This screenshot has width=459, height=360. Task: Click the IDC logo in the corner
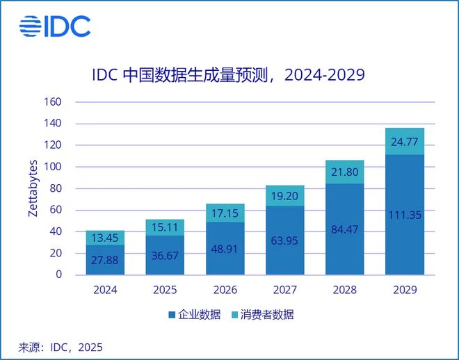[55, 27]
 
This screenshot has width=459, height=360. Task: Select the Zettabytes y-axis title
[33, 188]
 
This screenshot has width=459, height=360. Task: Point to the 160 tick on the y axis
[54, 102]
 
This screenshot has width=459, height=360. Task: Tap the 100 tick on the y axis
[54, 167]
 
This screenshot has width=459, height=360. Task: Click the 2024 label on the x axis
[105, 290]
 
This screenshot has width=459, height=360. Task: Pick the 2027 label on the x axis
[284, 290]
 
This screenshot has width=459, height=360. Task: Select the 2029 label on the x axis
[403, 290]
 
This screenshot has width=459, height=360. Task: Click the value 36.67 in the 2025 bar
[165, 256]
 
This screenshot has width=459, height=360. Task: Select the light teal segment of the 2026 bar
[224, 213]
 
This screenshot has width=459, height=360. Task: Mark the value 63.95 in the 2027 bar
[284, 242]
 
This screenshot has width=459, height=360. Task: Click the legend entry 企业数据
[193, 315]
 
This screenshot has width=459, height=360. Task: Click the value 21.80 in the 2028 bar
[344, 172]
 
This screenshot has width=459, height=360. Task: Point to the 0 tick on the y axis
[58, 275]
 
